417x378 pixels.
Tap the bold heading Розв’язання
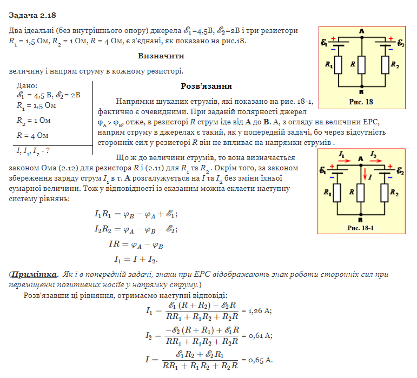tap(206, 86)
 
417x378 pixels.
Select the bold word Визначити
tap(161, 56)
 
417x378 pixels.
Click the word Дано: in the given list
tap(28, 85)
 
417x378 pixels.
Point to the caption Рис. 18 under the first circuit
tap(361, 101)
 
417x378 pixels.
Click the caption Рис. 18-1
tap(360, 228)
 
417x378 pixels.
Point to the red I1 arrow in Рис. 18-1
tap(342, 161)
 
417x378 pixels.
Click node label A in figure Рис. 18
tap(361, 31)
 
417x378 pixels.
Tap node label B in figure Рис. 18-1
tap(361, 220)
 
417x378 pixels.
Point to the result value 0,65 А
tap(261, 360)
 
